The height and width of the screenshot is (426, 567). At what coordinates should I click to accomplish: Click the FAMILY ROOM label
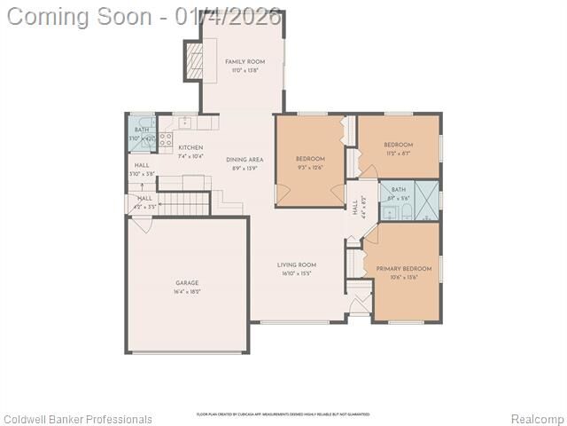click(245, 61)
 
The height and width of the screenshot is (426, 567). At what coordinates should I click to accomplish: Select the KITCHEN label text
click(190, 147)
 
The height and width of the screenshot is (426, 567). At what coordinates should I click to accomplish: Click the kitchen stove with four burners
click(166, 138)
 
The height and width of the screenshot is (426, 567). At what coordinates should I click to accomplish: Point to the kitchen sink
click(185, 121)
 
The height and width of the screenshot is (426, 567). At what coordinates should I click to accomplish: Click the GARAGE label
click(187, 283)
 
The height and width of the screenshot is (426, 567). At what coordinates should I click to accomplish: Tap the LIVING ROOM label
click(296, 264)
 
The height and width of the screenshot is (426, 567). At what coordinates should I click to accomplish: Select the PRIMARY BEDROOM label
click(403, 269)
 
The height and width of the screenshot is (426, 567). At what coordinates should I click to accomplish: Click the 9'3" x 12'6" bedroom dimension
click(310, 168)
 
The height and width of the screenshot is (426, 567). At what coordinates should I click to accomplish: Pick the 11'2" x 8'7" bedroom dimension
click(398, 154)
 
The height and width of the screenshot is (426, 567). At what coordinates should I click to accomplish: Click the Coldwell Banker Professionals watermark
click(78, 419)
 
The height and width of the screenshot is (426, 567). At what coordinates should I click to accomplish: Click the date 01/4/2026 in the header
click(228, 15)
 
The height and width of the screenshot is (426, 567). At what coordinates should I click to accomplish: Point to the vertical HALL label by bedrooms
click(355, 208)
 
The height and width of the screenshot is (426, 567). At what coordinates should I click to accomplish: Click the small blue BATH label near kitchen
click(142, 130)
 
